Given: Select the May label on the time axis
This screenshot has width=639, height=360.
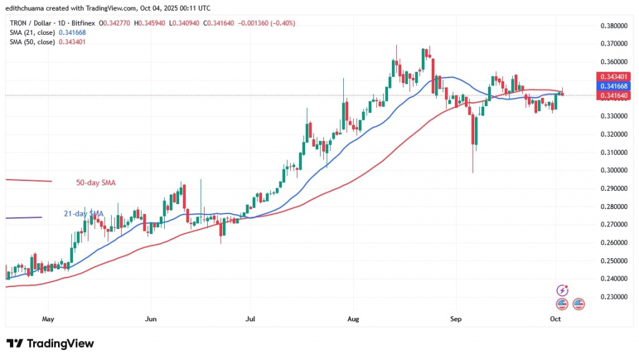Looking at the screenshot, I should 48,318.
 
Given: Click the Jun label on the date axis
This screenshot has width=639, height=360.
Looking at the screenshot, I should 150,318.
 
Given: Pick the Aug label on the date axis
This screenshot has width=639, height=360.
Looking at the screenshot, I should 353,318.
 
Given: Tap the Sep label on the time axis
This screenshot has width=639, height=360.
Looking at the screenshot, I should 456,318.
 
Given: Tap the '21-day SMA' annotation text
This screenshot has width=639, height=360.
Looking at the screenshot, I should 83,214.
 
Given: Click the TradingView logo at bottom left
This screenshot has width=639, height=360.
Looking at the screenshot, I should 50,344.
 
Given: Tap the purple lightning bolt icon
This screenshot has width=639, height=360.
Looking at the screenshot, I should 563,290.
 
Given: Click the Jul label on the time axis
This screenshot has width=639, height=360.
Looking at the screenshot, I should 250,318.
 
